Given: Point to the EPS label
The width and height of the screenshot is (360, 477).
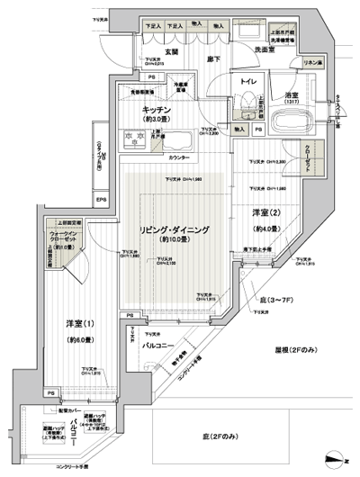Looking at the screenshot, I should point(102,199).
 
